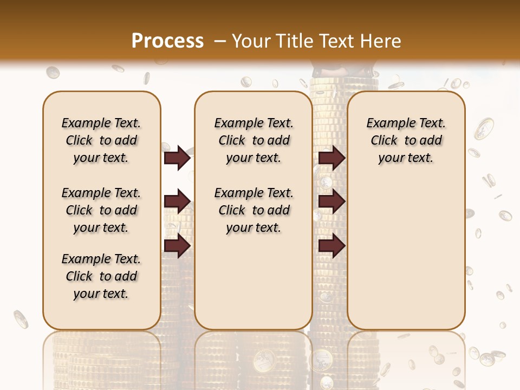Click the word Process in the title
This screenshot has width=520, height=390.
[x=167, y=41]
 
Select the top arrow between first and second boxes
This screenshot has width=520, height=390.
[x=177, y=158]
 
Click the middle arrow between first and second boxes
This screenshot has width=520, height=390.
[x=177, y=202]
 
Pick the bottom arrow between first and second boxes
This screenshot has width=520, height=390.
[x=177, y=246]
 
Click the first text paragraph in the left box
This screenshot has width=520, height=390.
[x=101, y=140]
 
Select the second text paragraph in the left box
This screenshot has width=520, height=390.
[x=101, y=210]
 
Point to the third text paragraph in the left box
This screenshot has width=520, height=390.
[x=101, y=276]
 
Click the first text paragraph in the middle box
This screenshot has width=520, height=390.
[x=253, y=140]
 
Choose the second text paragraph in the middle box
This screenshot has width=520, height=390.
[x=253, y=210]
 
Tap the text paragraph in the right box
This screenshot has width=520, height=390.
[x=406, y=140]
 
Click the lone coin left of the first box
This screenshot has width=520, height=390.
[x=21, y=319]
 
